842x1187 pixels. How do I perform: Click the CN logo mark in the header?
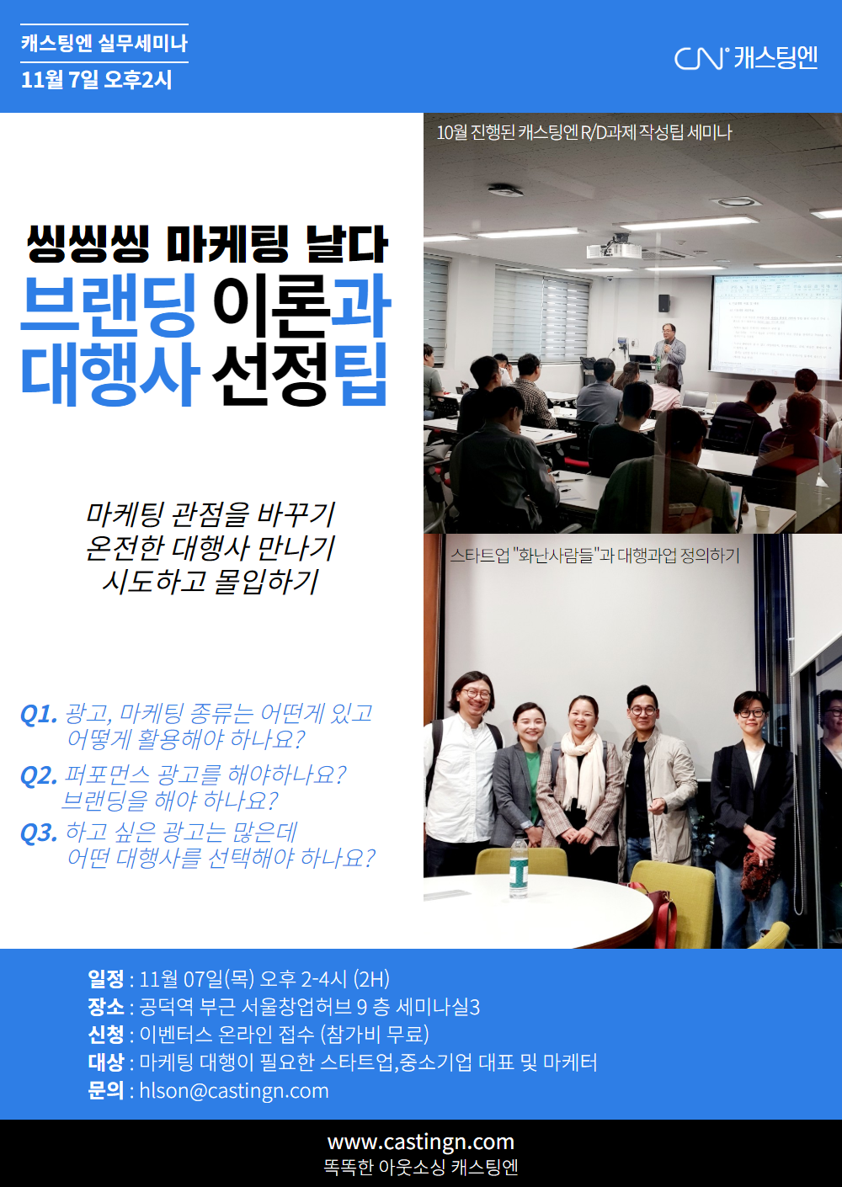pyautogui.click(x=701, y=58)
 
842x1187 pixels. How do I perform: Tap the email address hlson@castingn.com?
pyautogui.click(x=234, y=1090)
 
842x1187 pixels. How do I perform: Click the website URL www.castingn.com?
pyautogui.click(x=421, y=1142)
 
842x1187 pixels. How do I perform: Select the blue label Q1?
pyautogui.click(x=38, y=714)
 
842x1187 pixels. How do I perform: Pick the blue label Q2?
pyautogui.click(x=38, y=776)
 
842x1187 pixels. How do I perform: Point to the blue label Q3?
pyautogui.click(x=38, y=833)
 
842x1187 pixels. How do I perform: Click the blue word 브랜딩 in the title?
pyautogui.click(x=108, y=306)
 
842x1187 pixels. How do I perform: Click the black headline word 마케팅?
pyautogui.click(x=227, y=244)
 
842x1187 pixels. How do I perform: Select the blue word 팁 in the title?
pyautogui.click(x=365, y=374)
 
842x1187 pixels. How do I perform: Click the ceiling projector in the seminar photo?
pyautogui.click(x=614, y=247)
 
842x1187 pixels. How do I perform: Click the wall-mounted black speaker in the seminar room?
pyautogui.click(x=664, y=303)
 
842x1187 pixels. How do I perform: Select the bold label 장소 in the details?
pyautogui.click(x=106, y=1007)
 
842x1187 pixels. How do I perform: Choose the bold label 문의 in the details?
pyautogui.click(x=106, y=1090)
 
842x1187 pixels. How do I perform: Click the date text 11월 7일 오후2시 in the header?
pyautogui.click(x=97, y=80)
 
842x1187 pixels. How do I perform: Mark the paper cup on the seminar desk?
pyautogui.click(x=761, y=515)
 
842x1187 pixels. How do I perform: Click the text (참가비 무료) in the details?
pyautogui.click(x=375, y=1035)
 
